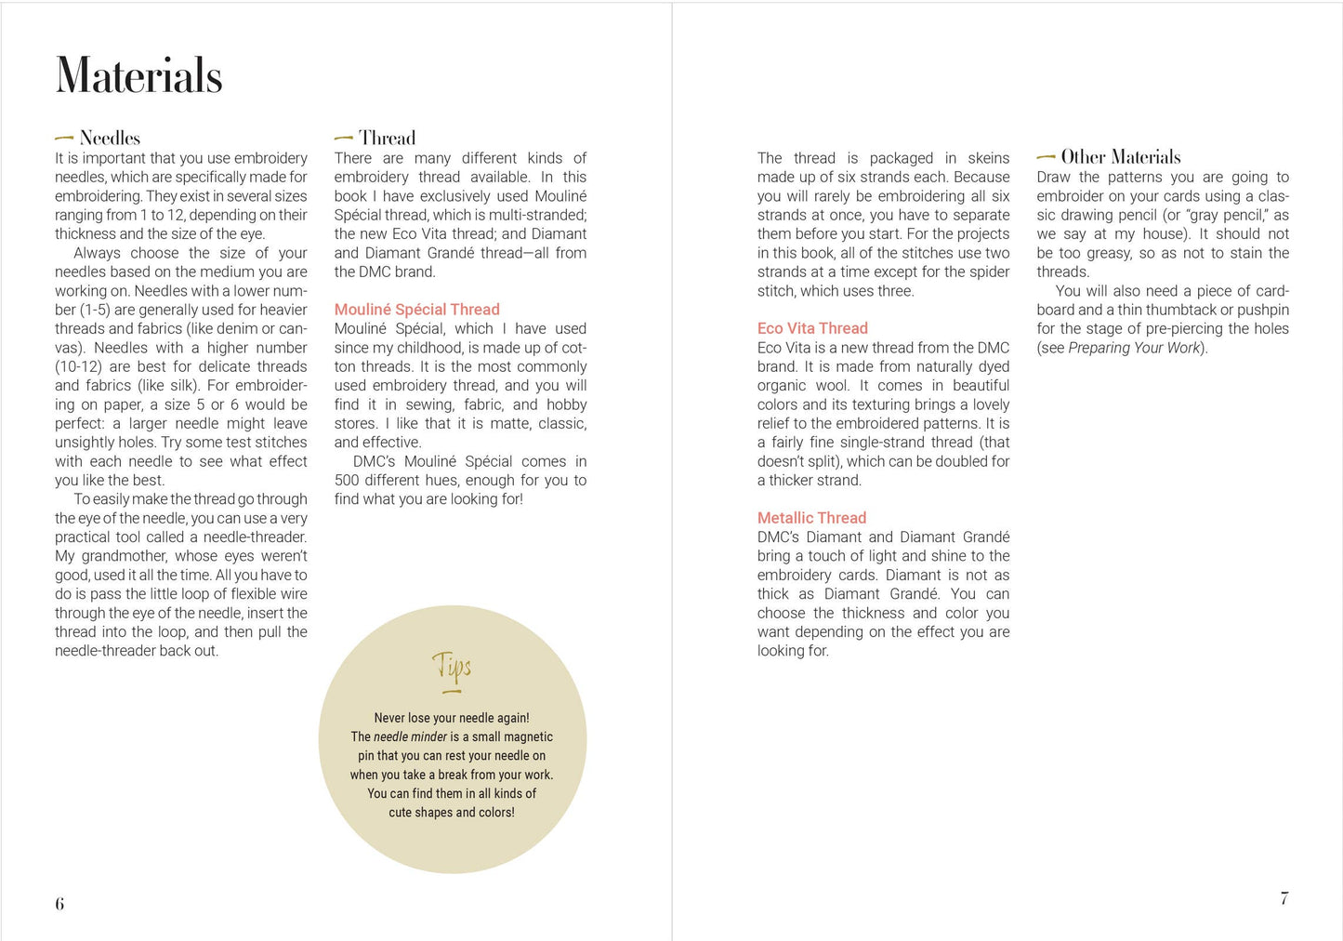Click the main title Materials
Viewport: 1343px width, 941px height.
[x=139, y=76]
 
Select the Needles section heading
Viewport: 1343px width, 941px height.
[x=110, y=138]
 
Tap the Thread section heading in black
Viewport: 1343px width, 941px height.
[x=387, y=138]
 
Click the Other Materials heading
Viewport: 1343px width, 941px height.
[x=1121, y=156]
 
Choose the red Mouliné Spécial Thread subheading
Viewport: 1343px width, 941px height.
[x=416, y=310]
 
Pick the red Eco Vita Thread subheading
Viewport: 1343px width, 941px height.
[x=812, y=328]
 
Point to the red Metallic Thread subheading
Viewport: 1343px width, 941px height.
[x=811, y=518]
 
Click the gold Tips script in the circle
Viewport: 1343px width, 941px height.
[x=452, y=668]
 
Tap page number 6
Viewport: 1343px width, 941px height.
[x=59, y=904]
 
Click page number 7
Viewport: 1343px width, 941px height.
[x=1284, y=898]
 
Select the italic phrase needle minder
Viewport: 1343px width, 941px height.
[x=410, y=737]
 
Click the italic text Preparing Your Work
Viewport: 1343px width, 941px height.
[x=1134, y=348]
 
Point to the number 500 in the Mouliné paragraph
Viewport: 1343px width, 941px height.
[x=347, y=481]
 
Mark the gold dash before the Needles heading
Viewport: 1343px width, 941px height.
[x=64, y=139]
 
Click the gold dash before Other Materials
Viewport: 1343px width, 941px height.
[x=1046, y=157]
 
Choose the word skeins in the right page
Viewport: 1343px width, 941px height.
[x=988, y=158]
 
